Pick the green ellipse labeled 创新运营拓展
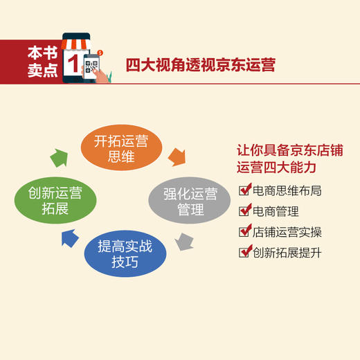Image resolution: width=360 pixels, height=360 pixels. pos(55,201)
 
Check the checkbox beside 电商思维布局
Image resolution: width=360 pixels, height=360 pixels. pos(244,190)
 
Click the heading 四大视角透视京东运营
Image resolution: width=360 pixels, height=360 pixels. pos(201,65)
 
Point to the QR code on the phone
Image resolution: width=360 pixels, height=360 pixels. pos(91,68)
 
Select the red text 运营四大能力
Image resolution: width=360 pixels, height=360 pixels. pos(276,168)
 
